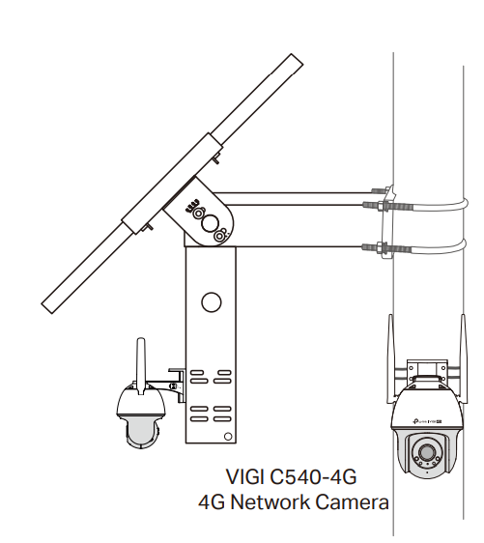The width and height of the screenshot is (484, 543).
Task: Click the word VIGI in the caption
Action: click(245, 477)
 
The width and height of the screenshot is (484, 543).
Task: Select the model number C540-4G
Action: click(313, 477)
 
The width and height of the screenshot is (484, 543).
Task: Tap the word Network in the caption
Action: click(270, 502)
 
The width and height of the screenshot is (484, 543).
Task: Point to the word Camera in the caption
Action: click(352, 502)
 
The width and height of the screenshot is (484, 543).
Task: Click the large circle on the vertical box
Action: click(212, 302)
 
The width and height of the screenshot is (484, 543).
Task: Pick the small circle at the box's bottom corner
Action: click(228, 437)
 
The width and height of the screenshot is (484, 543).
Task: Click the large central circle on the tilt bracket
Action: click(211, 223)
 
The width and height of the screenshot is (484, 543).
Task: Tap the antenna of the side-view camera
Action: click(140, 366)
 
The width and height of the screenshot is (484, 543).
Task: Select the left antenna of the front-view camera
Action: click(390, 358)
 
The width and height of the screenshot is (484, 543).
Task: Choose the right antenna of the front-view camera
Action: click(463, 358)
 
